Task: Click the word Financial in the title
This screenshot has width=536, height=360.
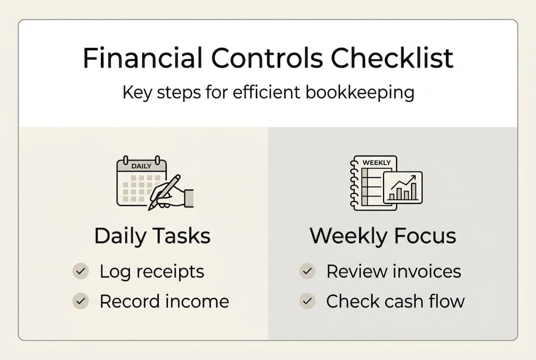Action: point(142,58)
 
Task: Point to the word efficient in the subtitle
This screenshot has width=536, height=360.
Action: point(256,93)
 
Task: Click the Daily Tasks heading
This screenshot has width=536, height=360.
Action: point(152,236)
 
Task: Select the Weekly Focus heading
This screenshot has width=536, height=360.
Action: point(383,236)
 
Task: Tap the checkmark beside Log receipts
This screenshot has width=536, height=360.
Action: point(80,271)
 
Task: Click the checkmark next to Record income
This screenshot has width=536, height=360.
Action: point(80,301)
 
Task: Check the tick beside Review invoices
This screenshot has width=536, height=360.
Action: point(307,271)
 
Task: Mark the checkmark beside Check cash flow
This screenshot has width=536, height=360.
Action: point(307,301)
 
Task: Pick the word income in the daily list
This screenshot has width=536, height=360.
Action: point(200,301)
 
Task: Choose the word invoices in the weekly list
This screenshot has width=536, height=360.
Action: point(427,271)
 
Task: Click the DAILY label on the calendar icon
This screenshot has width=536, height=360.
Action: point(141,166)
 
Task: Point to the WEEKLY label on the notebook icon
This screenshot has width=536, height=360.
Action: point(376,163)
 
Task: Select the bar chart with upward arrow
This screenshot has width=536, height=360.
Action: point(403,188)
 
